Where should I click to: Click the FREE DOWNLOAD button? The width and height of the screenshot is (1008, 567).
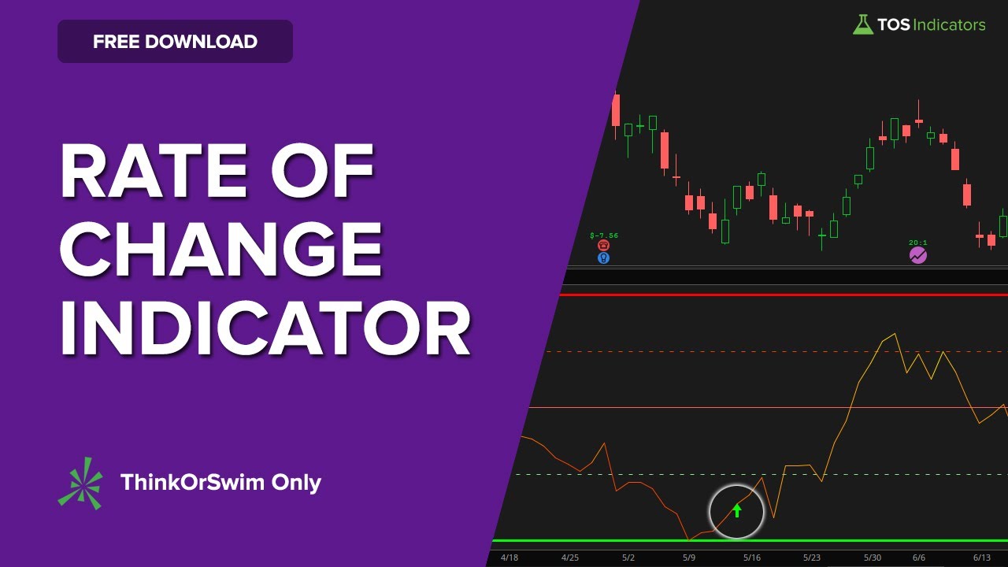(x=175, y=42)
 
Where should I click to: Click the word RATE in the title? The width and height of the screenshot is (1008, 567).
(x=154, y=171)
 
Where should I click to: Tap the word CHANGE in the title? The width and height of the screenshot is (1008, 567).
(x=221, y=250)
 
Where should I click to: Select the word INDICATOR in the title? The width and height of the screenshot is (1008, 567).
(x=265, y=328)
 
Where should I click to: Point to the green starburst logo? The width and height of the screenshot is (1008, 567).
(x=80, y=484)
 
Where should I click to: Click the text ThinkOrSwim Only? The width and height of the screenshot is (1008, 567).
(x=220, y=483)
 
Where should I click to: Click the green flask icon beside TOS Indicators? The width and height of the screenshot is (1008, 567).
(x=862, y=24)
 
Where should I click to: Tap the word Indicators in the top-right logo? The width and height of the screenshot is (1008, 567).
(x=949, y=24)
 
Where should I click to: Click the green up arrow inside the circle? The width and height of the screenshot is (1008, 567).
(x=736, y=510)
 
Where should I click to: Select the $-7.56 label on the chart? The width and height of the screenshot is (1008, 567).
(x=604, y=235)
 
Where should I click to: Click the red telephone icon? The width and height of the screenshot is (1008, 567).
(x=603, y=245)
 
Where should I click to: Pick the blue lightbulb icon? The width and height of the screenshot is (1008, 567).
(x=603, y=258)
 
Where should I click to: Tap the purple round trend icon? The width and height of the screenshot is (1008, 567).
(x=918, y=256)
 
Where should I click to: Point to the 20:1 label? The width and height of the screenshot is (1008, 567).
(x=918, y=243)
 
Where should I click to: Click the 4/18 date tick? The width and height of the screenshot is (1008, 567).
(x=510, y=558)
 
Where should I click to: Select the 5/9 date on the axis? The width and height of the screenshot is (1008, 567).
(x=689, y=558)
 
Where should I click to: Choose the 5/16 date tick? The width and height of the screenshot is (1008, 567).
(x=752, y=558)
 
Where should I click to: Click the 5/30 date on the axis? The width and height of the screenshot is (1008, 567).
(x=872, y=558)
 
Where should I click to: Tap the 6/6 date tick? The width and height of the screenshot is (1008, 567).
(x=919, y=558)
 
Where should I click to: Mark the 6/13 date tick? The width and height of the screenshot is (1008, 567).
(x=981, y=558)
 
